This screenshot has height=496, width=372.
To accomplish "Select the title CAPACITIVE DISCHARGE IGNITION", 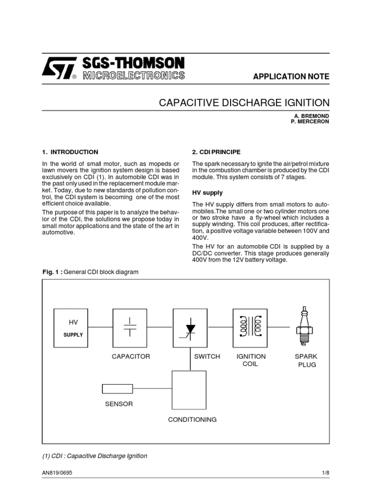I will pos(245,103).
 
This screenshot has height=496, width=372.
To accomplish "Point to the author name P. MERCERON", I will pos(310,122).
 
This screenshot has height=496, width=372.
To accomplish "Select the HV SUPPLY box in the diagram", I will pos(72,327).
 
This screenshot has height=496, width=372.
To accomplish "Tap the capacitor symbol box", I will pos(130,327).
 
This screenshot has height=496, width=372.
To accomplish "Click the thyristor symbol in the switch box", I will pos(190,327).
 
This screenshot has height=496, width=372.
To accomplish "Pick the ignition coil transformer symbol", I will pos(250,327).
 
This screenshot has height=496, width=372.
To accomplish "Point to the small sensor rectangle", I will pos(117,388).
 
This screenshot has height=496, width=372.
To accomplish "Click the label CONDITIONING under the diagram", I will pos(192,419).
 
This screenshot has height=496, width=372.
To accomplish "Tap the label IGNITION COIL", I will pos(250,360).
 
